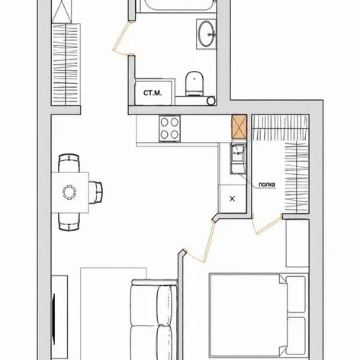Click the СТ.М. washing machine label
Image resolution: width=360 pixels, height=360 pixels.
[153, 93]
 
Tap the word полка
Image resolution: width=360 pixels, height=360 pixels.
[267, 185]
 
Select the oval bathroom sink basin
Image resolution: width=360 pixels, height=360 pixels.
[206, 34]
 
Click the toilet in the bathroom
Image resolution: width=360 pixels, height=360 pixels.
[194, 83]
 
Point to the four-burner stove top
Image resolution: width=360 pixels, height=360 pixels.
[169, 129]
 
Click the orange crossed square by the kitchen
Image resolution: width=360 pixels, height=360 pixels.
[239, 127]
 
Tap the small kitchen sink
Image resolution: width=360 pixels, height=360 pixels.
[238, 158]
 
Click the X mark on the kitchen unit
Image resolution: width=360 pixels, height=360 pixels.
[232, 199]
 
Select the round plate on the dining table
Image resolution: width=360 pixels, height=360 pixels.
[69, 192]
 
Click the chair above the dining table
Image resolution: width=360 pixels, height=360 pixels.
[69, 162]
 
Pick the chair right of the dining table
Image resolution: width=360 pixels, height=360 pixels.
[95, 192]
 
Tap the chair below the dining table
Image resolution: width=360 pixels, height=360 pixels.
[69, 221]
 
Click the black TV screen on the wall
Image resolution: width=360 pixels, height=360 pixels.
[53, 316]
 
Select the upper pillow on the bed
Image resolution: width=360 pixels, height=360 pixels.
[296, 294]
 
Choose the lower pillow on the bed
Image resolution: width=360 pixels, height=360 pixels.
[296, 336]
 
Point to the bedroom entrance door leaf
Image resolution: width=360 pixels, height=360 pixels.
[209, 242]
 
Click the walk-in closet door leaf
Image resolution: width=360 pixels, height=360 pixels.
[269, 225]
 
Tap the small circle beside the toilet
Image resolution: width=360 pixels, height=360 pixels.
[211, 101]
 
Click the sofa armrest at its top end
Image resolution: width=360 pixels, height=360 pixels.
[154, 282]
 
